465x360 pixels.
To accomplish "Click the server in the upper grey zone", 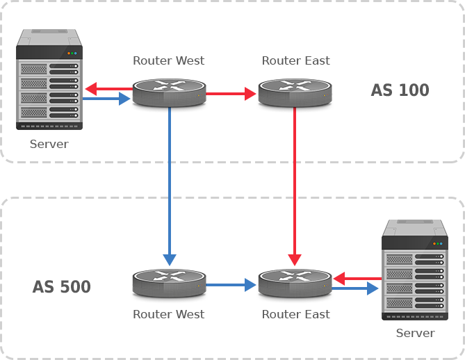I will tap(49, 79).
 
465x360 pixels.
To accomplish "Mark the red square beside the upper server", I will tap(90, 89).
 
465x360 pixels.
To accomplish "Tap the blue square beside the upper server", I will tap(124, 99).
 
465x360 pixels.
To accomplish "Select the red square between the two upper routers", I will tap(250, 94).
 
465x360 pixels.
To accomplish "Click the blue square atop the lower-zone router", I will tap(170, 260).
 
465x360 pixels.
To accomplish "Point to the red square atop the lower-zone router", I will tap(295, 260).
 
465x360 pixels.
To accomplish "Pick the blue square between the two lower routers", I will tap(250, 284).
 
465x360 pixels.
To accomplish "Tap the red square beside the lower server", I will tap(340, 279).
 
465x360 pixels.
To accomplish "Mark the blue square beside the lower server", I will tap(373, 288).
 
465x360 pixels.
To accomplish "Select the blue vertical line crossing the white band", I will tap(170, 179).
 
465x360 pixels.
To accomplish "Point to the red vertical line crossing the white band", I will tap(295, 179).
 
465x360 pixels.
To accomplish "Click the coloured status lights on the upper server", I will tap(72, 54).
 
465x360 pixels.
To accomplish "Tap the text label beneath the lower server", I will tap(415, 333).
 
